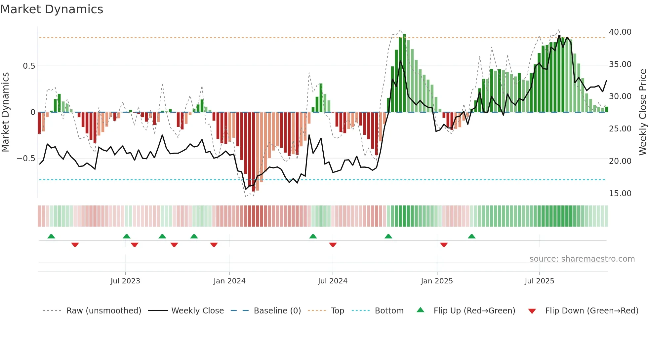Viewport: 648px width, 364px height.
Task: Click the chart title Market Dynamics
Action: point(52,9)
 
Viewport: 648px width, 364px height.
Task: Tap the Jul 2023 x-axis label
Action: point(125,281)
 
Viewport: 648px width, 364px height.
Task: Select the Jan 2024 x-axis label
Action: point(229,281)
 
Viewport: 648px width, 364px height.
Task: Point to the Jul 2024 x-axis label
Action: point(333,281)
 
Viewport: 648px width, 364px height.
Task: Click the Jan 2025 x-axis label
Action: point(437,281)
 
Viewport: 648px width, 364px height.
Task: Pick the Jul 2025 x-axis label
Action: point(539,281)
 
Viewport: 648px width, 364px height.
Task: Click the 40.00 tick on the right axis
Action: point(620,32)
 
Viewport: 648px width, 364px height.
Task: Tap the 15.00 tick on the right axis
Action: point(620,194)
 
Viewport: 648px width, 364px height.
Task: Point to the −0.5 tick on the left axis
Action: point(26,159)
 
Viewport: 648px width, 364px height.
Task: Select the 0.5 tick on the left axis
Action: point(29,66)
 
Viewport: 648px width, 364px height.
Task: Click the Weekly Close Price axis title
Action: point(642,112)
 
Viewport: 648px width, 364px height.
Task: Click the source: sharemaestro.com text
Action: point(582,259)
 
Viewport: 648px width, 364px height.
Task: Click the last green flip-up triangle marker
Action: point(472,237)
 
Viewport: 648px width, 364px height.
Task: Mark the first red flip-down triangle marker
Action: point(75,245)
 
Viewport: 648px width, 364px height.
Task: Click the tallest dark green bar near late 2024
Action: point(404,73)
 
